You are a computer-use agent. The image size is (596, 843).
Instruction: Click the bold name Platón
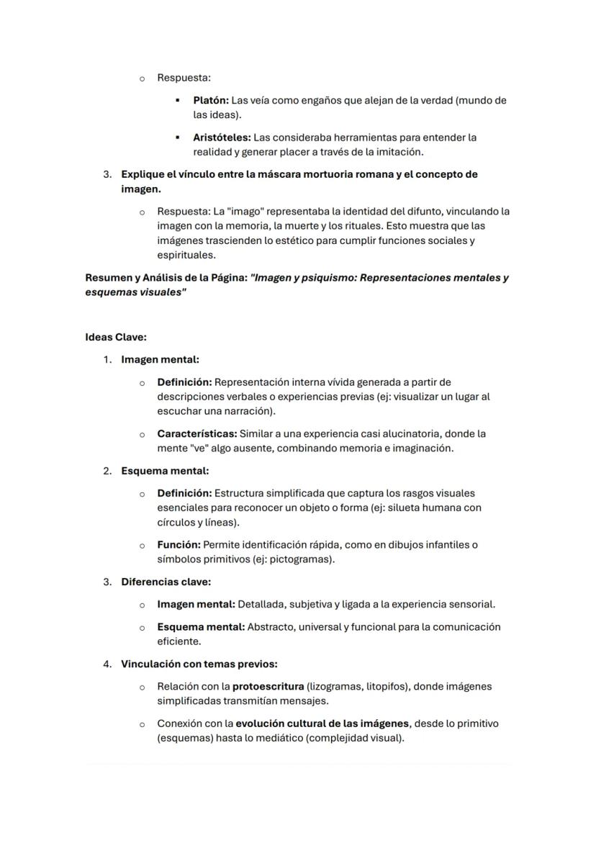click(x=211, y=101)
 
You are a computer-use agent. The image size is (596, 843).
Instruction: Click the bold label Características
click(x=196, y=434)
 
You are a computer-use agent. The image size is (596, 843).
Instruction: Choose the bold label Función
click(x=179, y=545)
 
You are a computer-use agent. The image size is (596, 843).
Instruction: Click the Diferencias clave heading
click(x=166, y=582)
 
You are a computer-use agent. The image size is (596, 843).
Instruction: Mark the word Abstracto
click(x=271, y=627)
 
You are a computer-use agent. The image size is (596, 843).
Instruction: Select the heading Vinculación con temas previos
click(x=199, y=664)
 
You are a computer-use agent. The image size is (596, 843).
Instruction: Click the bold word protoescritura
click(x=268, y=687)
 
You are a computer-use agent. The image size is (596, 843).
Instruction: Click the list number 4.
click(x=107, y=664)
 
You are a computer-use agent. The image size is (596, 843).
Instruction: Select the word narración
click(x=250, y=412)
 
